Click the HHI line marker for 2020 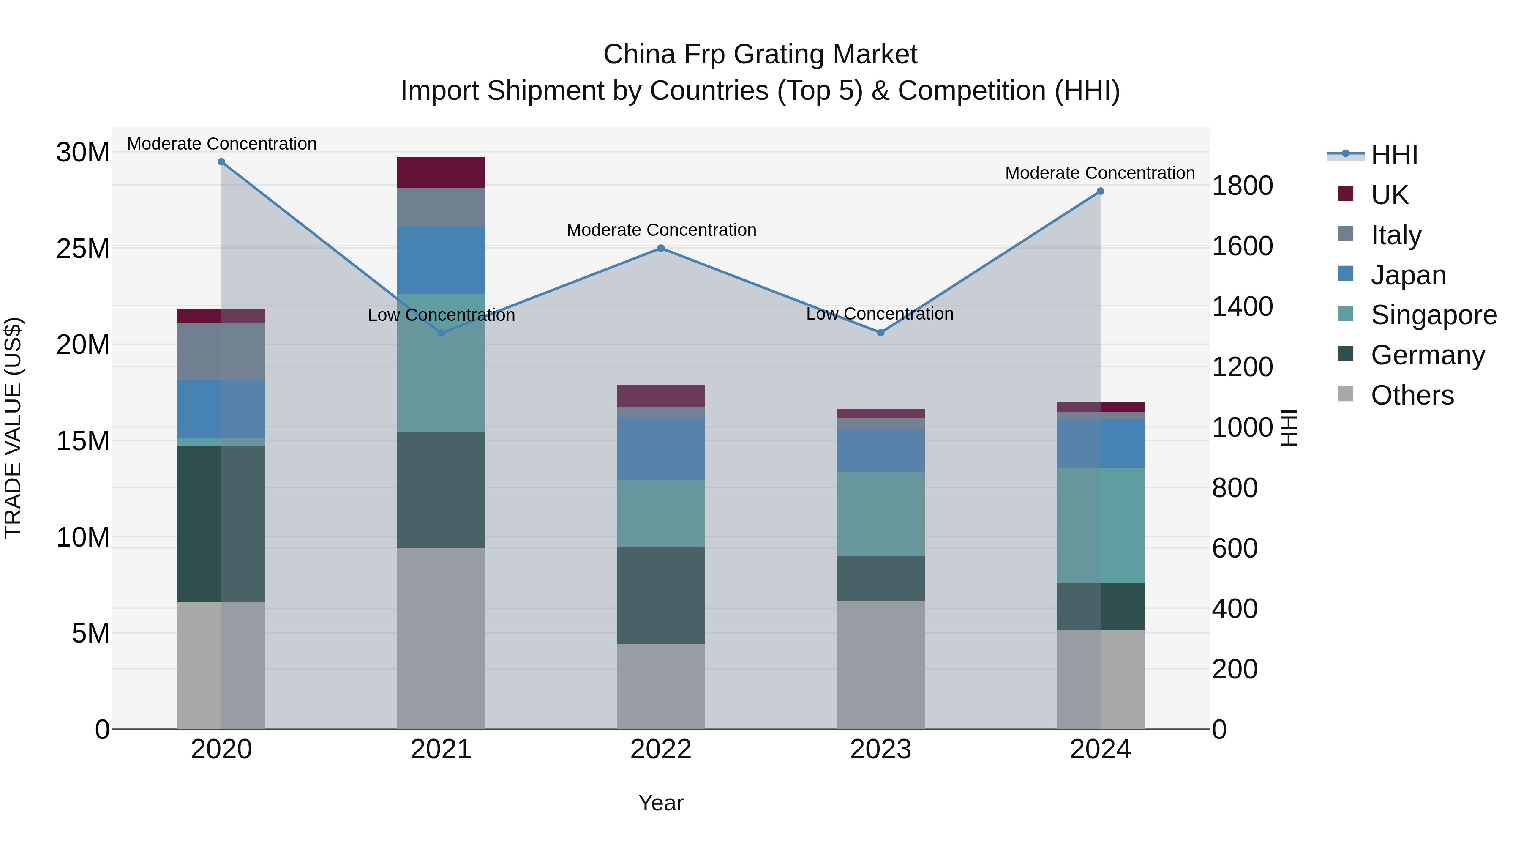coord(221,162)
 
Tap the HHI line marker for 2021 coord(441,333)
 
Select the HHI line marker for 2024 coord(1100,191)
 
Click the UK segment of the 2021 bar coord(441,172)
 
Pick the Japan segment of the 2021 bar coord(441,260)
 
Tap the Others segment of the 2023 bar coord(880,665)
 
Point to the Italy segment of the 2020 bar coord(221,352)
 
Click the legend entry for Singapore coord(1433,315)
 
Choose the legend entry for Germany coord(1427,355)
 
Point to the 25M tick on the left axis coord(83,249)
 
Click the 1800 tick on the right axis coord(1242,186)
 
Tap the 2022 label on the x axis coord(661,749)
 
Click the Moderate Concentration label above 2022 coord(661,230)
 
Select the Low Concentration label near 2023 coord(880,314)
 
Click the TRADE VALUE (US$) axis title coord(13,428)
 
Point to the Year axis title coord(661,803)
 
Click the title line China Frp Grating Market coord(760,55)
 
